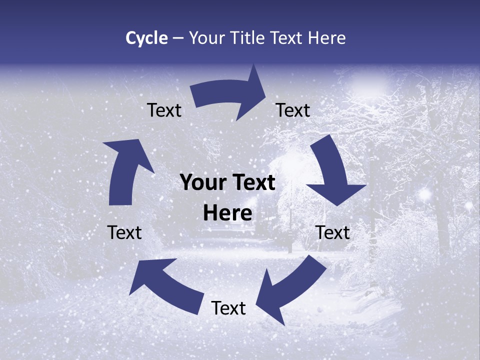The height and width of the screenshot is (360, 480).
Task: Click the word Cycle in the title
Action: [x=146, y=38]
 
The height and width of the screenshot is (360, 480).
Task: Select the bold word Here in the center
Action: [x=227, y=213]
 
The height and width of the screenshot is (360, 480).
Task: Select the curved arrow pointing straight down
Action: [x=333, y=172]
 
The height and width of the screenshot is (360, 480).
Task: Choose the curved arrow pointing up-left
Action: [x=165, y=282]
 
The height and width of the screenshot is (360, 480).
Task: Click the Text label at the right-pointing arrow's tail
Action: [x=164, y=110]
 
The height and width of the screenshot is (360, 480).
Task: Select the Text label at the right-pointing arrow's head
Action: [x=293, y=110]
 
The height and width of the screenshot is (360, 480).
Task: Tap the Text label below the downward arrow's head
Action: [x=332, y=232]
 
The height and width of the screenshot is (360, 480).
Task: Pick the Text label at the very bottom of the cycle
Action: [x=228, y=308]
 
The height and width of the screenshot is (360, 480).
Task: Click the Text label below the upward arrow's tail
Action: [x=124, y=232]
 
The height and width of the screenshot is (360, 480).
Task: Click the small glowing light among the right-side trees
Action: [x=425, y=193]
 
